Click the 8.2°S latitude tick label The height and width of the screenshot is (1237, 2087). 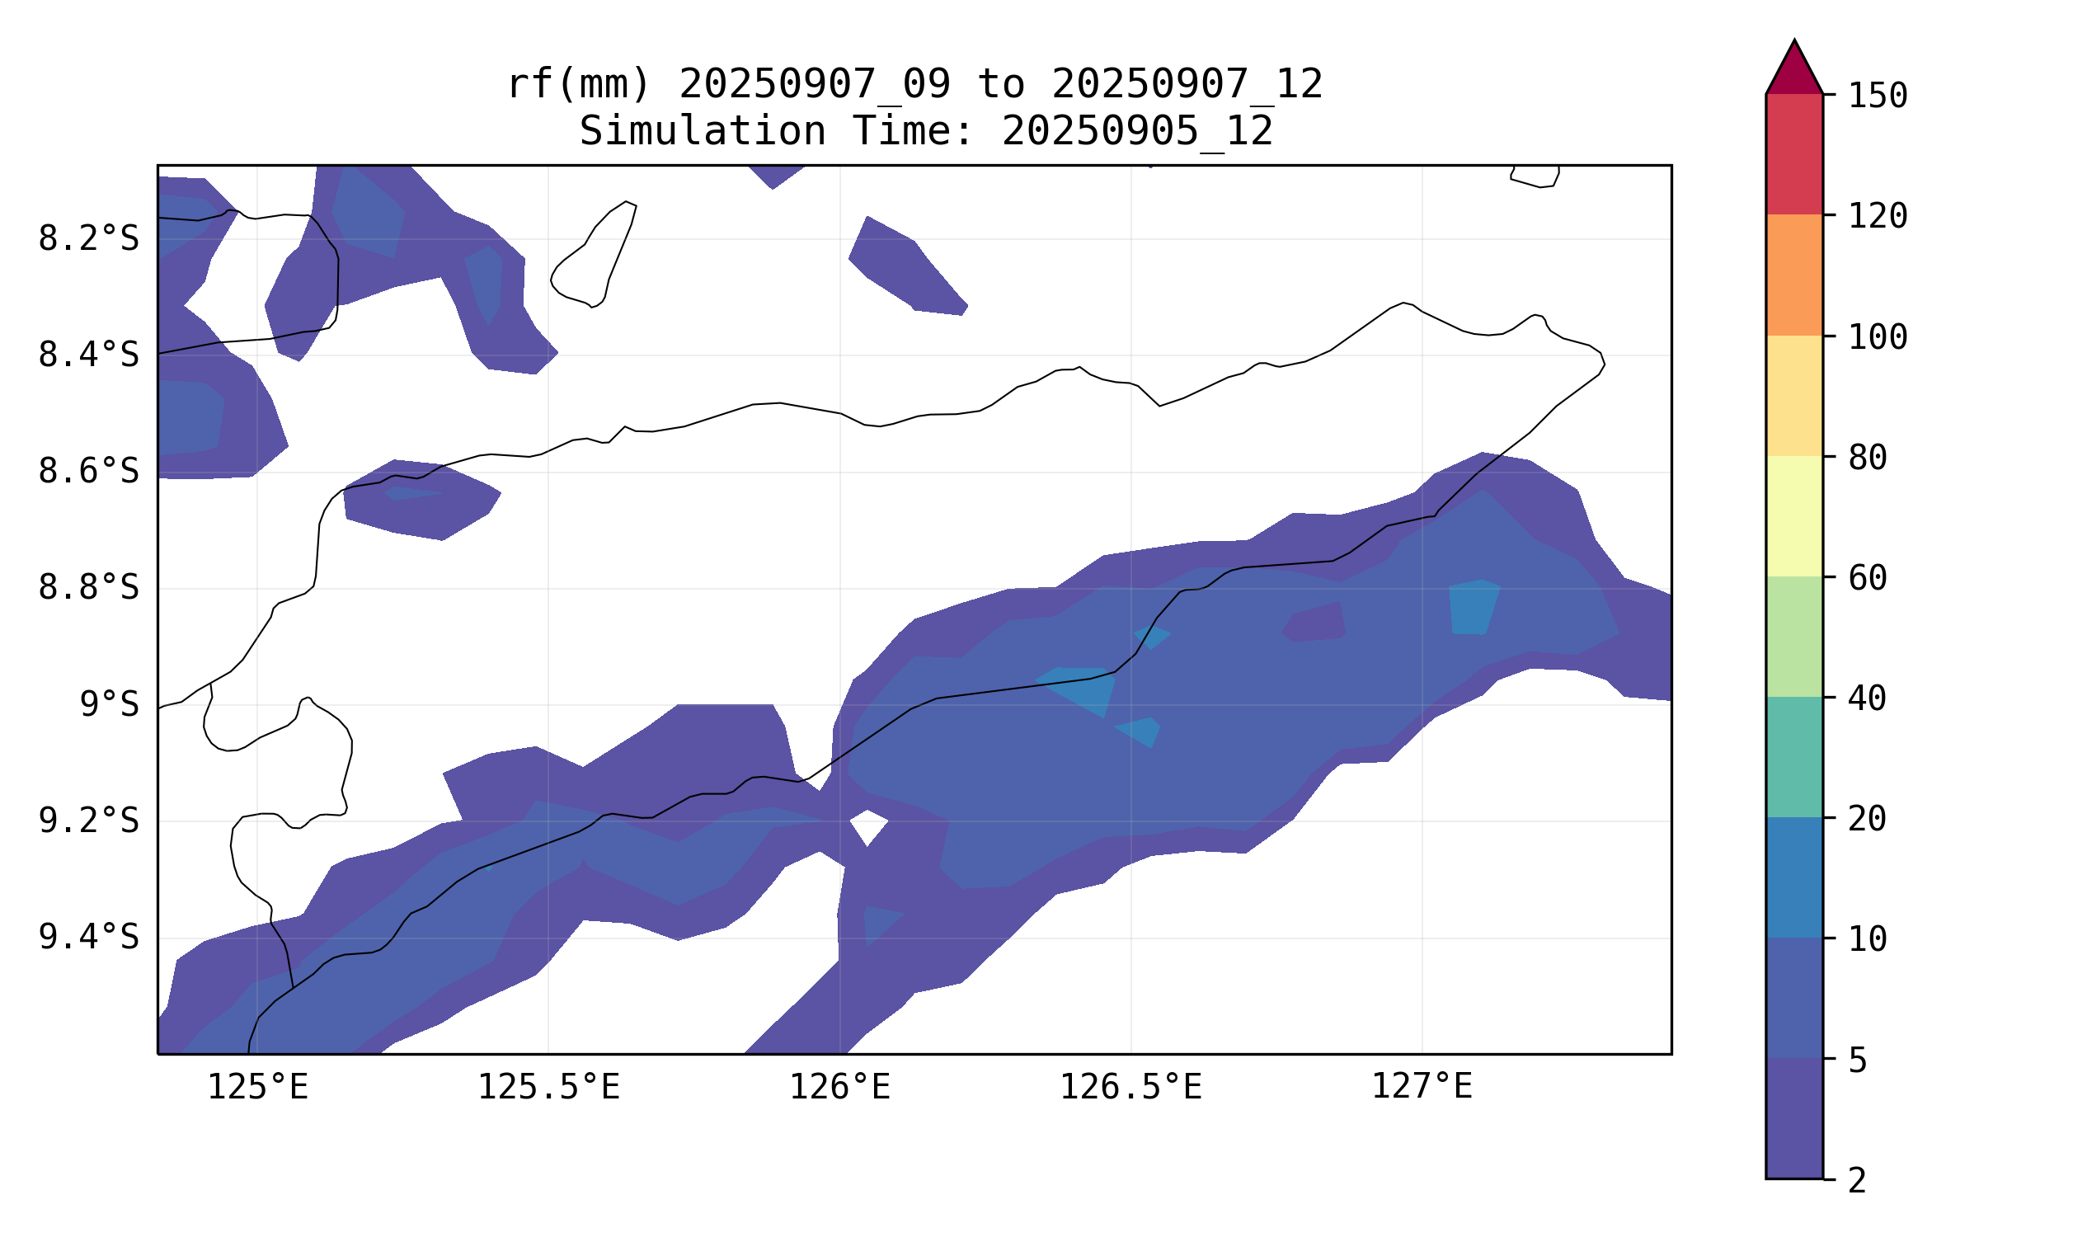click(88, 239)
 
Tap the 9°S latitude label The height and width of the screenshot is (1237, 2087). click(109, 704)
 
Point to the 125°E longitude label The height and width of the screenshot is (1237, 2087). click(257, 1086)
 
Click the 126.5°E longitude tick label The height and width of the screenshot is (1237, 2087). click(1130, 1086)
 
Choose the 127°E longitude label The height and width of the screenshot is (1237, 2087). click(1422, 1086)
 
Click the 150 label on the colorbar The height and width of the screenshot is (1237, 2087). click(1878, 96)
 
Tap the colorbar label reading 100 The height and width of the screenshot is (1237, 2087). click(1878, 336)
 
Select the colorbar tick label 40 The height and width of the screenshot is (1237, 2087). click(1868, 698)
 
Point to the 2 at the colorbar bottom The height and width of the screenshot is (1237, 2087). click(1858, 1179)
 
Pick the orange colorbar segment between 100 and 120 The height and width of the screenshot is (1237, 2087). click(1794, 275)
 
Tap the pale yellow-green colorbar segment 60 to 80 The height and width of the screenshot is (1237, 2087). click(1794, 516)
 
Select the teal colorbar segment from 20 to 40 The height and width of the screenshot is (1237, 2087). click(1794, 757)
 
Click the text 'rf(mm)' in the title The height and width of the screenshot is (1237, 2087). click(578, 84)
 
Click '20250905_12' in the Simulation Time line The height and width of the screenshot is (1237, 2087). click(1137, 131)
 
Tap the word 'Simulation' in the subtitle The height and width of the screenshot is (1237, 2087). click(703, 131)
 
